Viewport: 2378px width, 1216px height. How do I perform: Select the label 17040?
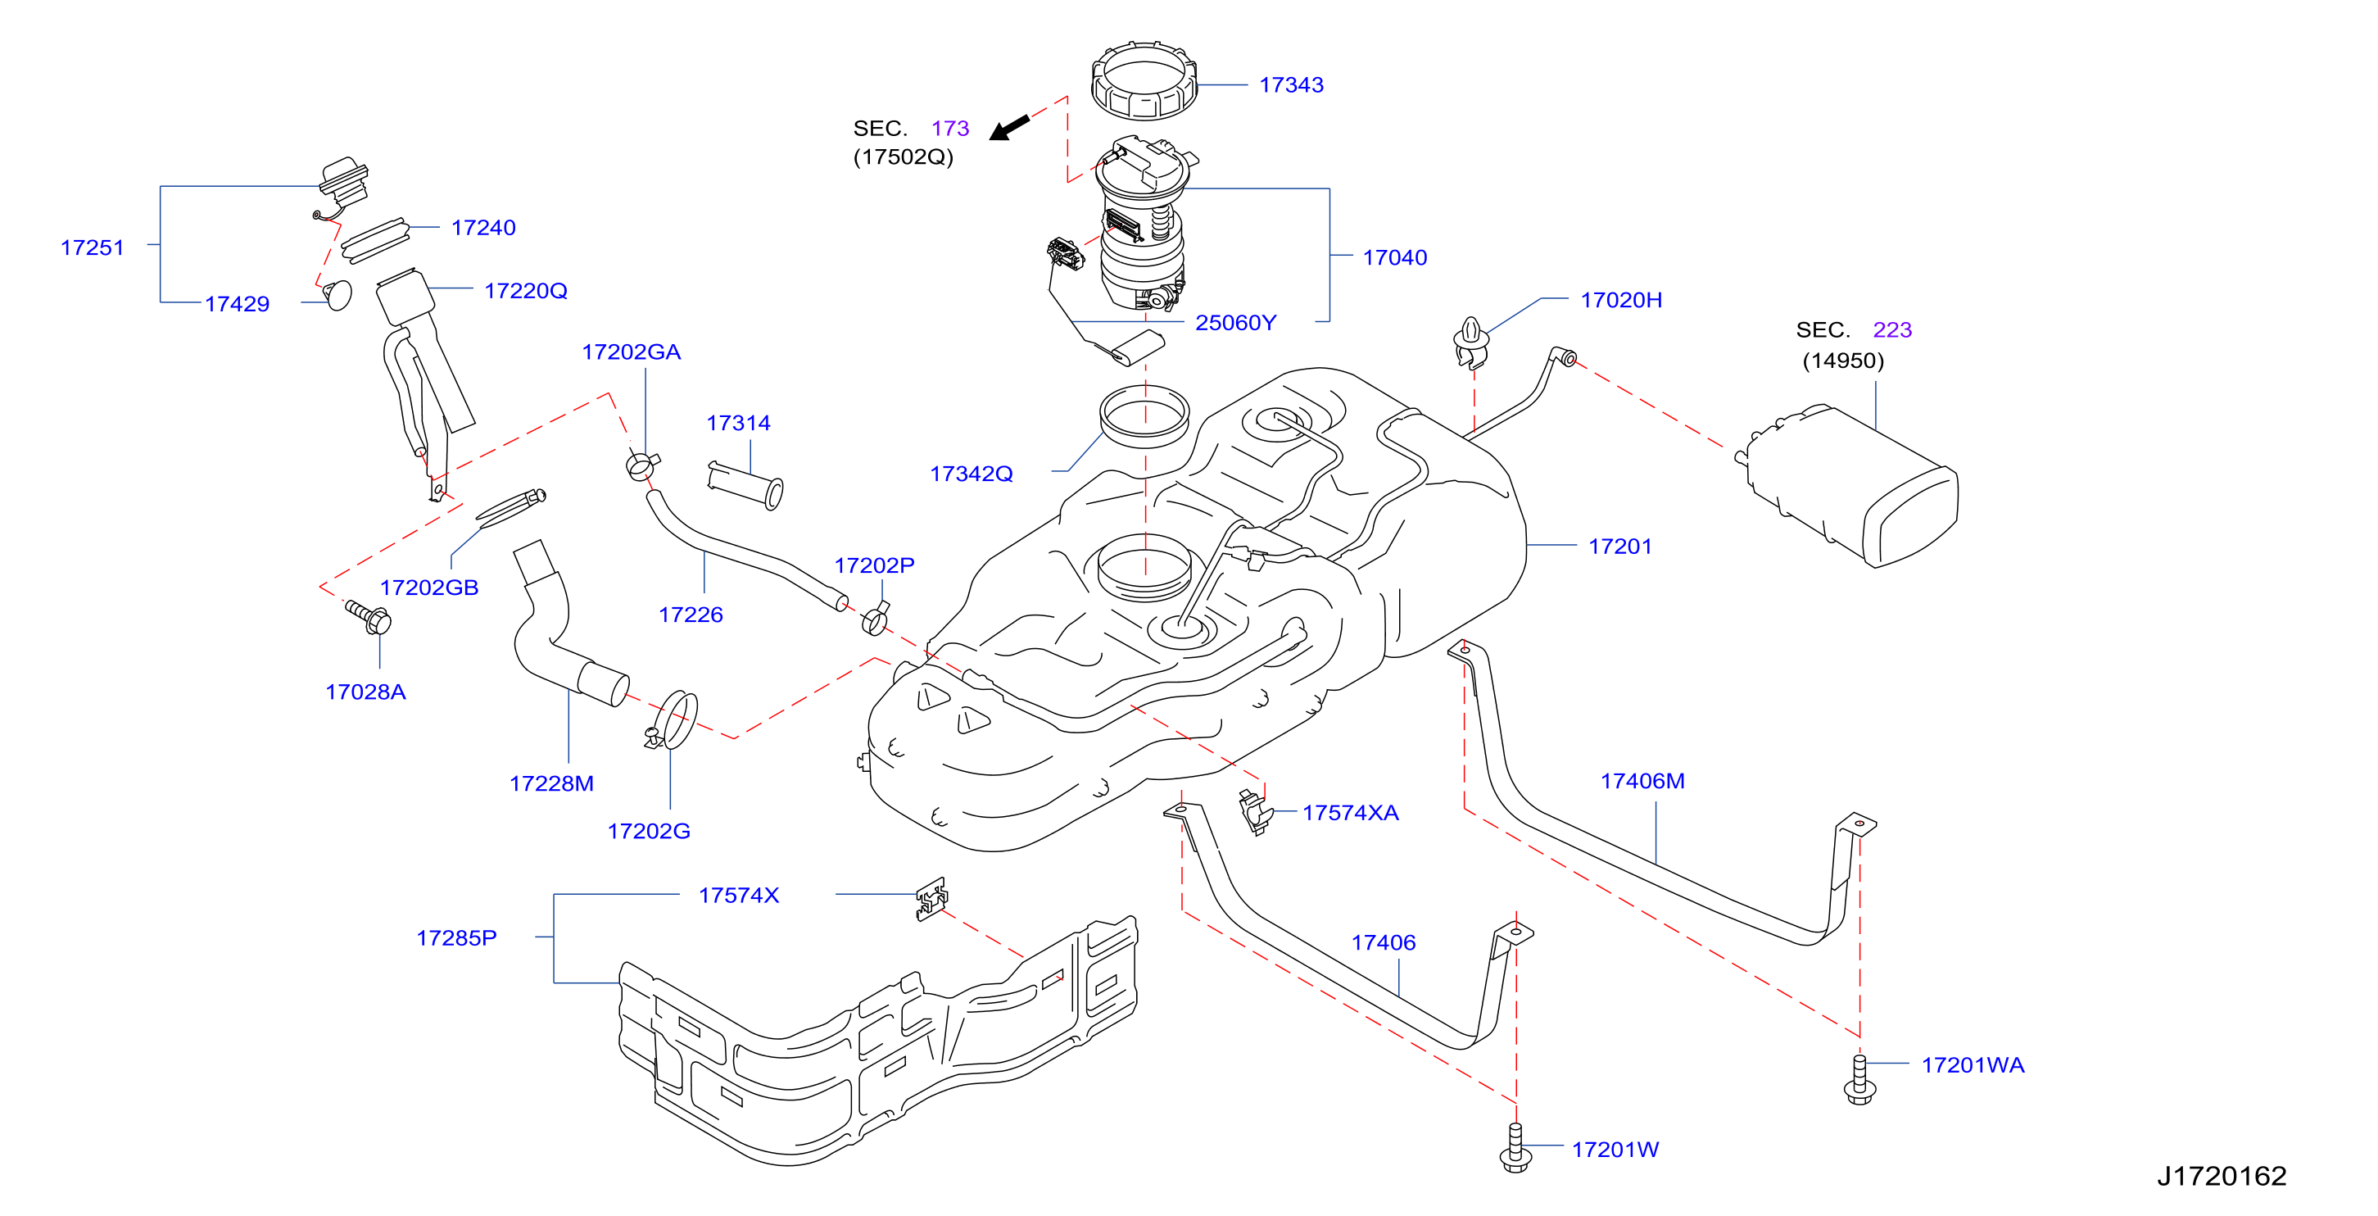[x=1394, y=257]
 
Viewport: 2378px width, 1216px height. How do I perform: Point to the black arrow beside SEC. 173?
[x=1009, y=127]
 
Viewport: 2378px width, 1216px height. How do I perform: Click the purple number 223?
[x=1891, y=329]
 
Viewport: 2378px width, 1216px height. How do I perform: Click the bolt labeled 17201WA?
[x=1859, y=1079]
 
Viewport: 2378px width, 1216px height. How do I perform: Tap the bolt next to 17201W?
[x=1515, y=1148]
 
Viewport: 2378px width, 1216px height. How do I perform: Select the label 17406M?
[x=1642, y=781]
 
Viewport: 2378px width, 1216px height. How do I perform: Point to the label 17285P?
[x=456, y=938]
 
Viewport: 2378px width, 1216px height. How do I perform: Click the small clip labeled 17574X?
[x=931, y=898]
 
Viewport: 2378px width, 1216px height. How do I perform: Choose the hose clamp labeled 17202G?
[x=675, y=721]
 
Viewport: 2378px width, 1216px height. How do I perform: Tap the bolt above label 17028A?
[x=369, y=617]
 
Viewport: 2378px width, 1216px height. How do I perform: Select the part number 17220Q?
[x=525, y=291]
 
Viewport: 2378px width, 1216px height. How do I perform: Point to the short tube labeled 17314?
[x=745, y=485]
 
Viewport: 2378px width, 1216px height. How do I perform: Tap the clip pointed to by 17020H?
[x=1470, y=343]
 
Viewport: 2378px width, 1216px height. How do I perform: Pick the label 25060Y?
[x=1235, y=322]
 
